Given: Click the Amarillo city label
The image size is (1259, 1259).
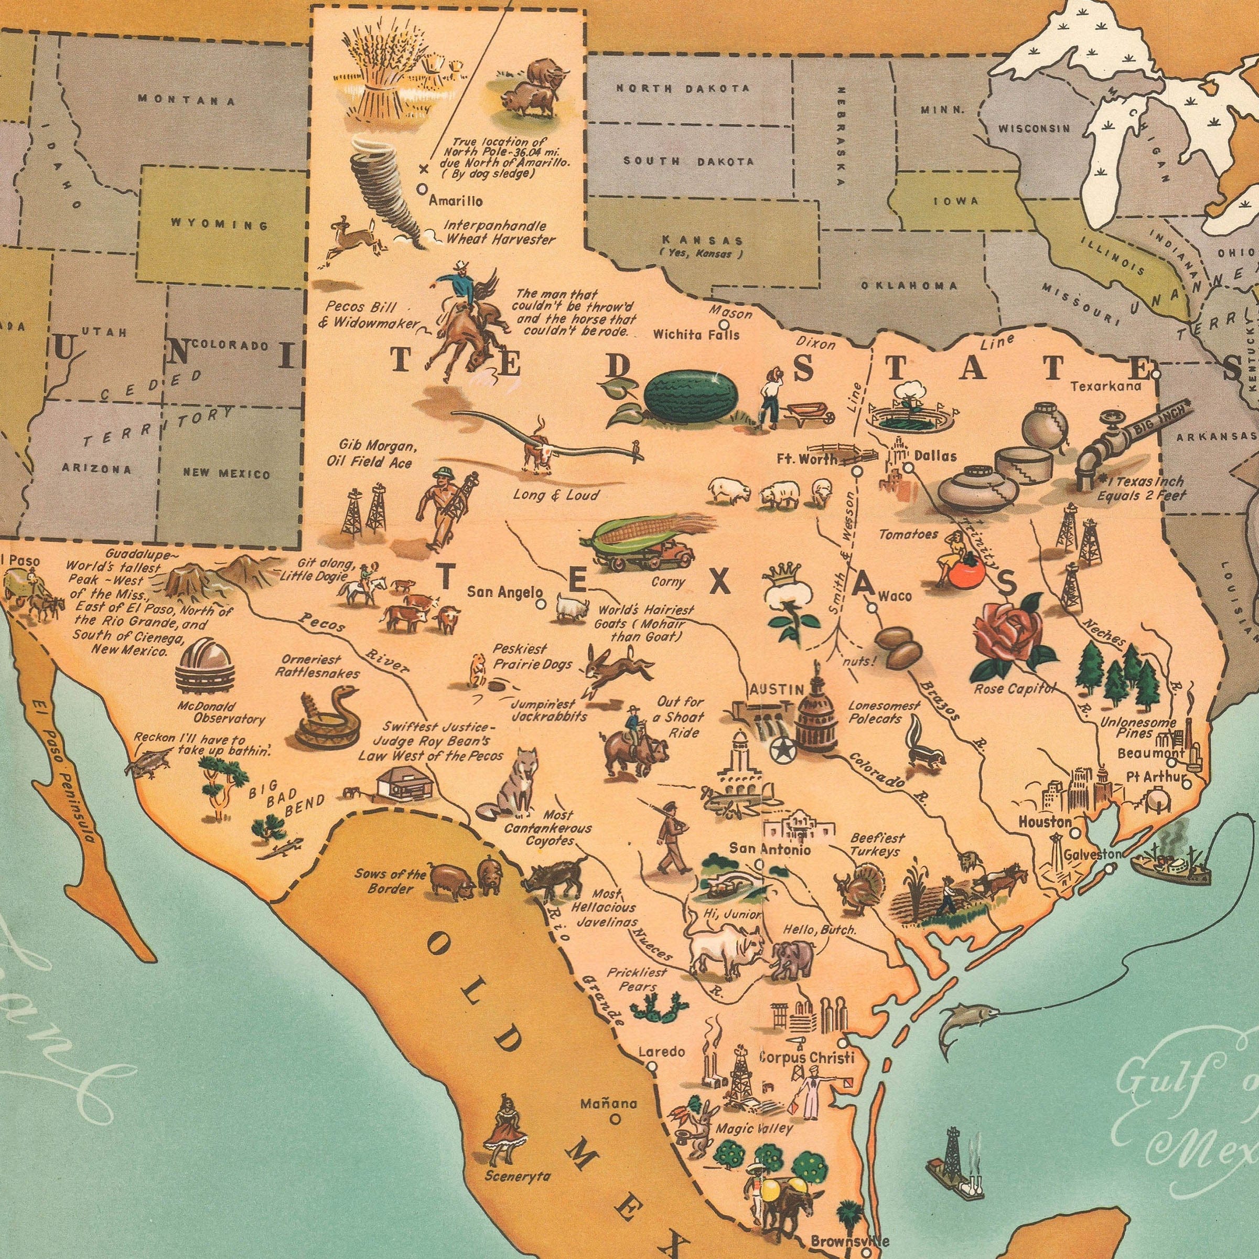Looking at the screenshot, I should tap(456, 201).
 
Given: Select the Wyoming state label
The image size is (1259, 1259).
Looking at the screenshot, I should tap(220, 225).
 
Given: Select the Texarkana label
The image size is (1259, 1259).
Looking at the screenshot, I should tap(1106, 386).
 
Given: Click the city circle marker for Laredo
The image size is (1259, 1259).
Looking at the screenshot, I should tap(652, 1066).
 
